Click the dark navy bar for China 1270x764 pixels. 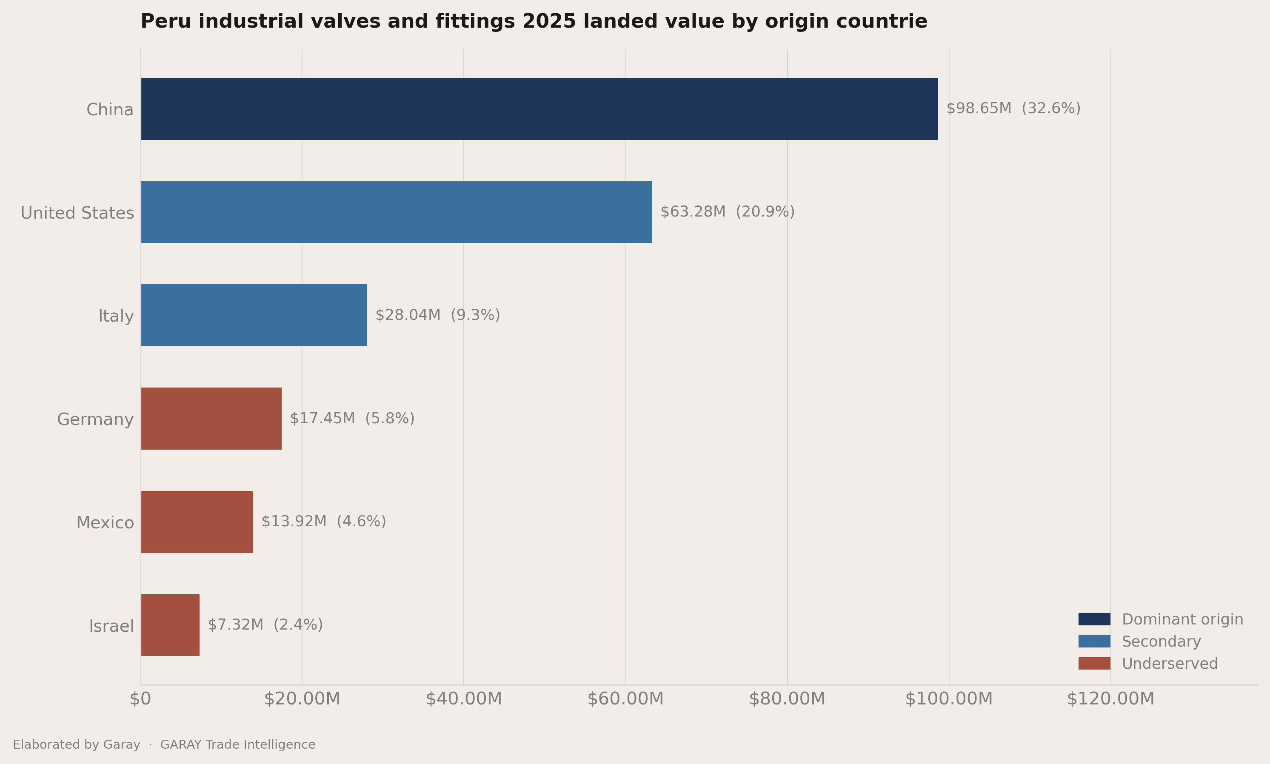pyautogui.click(x=539, y=109)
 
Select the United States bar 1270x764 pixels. pyautogui.click(x=397, y=212)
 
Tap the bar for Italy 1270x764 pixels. pyautogui.click(x=254, y=315)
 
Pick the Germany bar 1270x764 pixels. pyautogui.click(x=211, y=419)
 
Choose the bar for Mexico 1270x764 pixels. pyautogui.click(x=197, y=522)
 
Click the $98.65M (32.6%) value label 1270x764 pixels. pyautogui.click(x=1013, y=108)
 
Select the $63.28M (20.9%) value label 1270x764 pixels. pyautogui.click(x=728, y=211)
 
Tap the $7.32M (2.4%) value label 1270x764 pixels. pyautogui.click(x=265, y=624)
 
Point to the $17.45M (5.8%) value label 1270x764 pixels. pyautogui.click(x=352, y=418)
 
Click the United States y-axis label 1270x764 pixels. pyautogui.click(x=77, y=213)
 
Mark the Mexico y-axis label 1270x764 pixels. pyautogui.click(x=105, y=522)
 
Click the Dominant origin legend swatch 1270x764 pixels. pyautogui.click(x=1094, y=619)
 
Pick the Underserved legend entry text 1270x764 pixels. pyautogui.click(x=1170, y=664)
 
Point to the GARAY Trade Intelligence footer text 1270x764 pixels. pyautogui.click(x=237, y=744)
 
